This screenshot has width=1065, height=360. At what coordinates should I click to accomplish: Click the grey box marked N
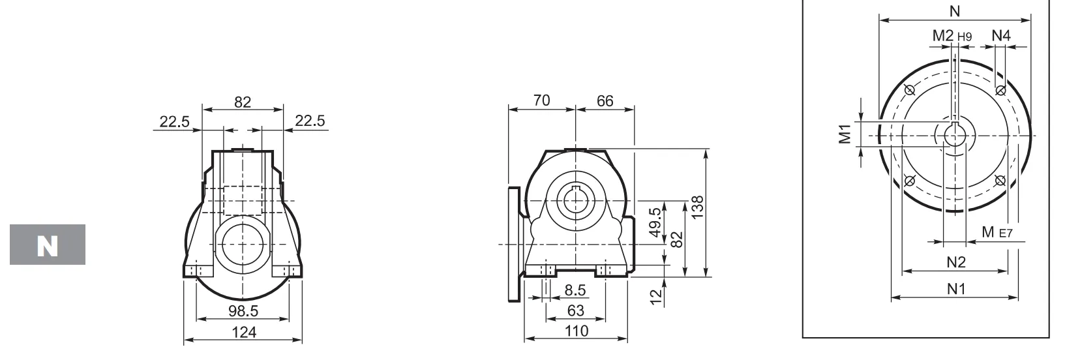click(x=47, y=245)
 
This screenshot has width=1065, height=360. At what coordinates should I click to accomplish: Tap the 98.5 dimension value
click(x=243, y=310)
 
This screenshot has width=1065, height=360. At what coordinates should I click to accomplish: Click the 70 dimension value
click(x=541, y=100)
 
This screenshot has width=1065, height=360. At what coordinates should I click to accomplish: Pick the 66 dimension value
click(x=605, y=100)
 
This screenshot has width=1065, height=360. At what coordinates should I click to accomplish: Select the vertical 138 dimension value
click(x=697, y=208)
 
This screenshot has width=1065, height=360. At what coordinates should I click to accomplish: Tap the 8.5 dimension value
click(x=575, y=290)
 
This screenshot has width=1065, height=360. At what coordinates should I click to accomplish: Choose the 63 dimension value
click(x=575, y=310)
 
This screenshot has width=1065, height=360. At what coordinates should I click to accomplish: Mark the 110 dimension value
click(x=575, y=331)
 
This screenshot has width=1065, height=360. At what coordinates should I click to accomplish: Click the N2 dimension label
click(x=955, y=262)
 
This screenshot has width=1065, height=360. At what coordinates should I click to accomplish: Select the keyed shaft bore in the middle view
click(x=575, y=198)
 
